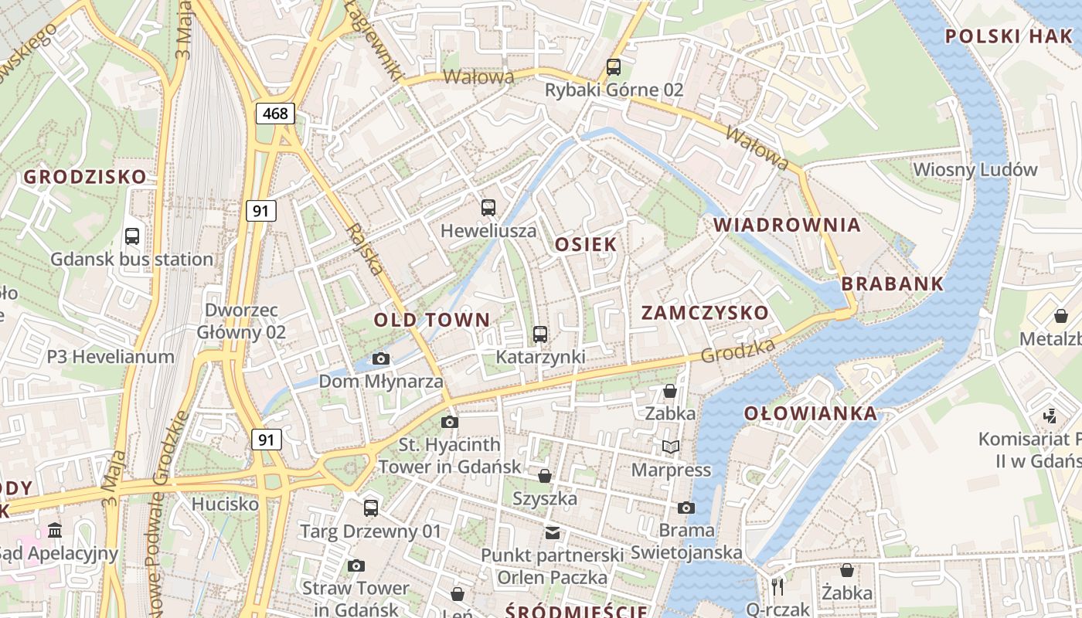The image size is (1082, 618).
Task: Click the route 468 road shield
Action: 275,114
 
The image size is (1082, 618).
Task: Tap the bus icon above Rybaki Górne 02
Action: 614,67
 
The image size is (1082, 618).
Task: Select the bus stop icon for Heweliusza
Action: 488,207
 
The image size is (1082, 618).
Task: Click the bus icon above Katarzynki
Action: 540,334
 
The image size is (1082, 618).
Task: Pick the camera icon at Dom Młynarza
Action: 380,358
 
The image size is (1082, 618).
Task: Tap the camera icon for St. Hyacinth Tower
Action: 449,422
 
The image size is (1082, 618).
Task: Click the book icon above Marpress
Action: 670,447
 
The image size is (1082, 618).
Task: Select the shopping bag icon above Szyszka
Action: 545,475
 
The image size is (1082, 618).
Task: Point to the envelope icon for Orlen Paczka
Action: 552,532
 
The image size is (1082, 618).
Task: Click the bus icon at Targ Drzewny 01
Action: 371,508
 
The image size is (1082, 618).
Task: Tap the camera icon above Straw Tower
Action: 356,565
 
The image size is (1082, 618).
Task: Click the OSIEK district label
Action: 586,244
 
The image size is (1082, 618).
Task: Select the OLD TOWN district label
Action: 432,320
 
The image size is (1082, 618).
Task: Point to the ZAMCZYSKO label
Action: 705,312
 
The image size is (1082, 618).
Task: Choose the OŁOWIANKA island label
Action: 811,413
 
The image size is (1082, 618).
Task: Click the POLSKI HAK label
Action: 1009,36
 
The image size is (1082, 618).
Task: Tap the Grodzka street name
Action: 738,351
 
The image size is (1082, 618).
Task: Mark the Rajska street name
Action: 366,250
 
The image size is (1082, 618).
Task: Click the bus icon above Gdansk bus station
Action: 132,236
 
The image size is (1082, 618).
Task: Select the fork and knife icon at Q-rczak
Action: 777,586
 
